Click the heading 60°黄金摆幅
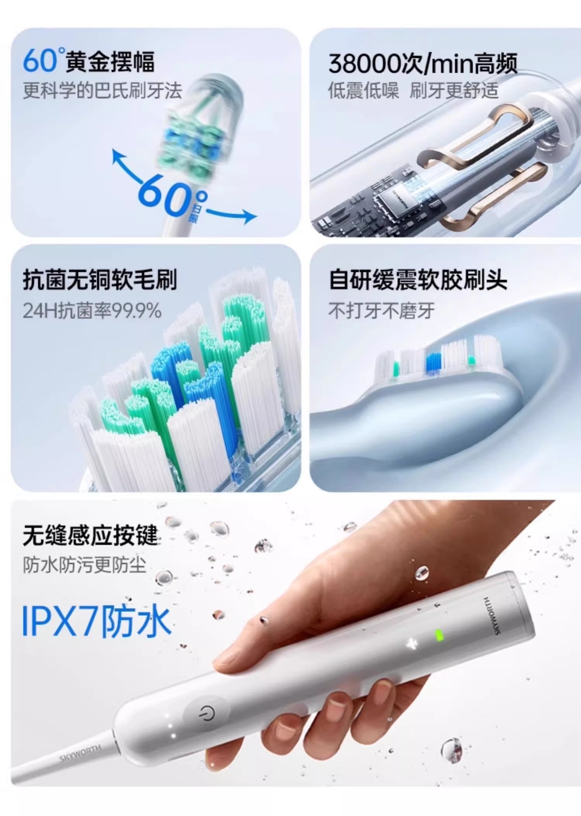tap(89, 61)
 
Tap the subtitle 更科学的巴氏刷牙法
tap(102, 91)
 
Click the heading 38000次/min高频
tap(423, 63)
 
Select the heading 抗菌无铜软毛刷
tap(100, 280)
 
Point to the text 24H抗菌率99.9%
tap(92, 311)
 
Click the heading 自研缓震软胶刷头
tap(418, 280)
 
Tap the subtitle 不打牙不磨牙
tap(382, 311)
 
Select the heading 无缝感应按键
tap(91, 536)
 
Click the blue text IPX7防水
tap(96, 622)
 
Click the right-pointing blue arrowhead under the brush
tap(249, 216)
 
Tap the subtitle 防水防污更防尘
tap(84, 565)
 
